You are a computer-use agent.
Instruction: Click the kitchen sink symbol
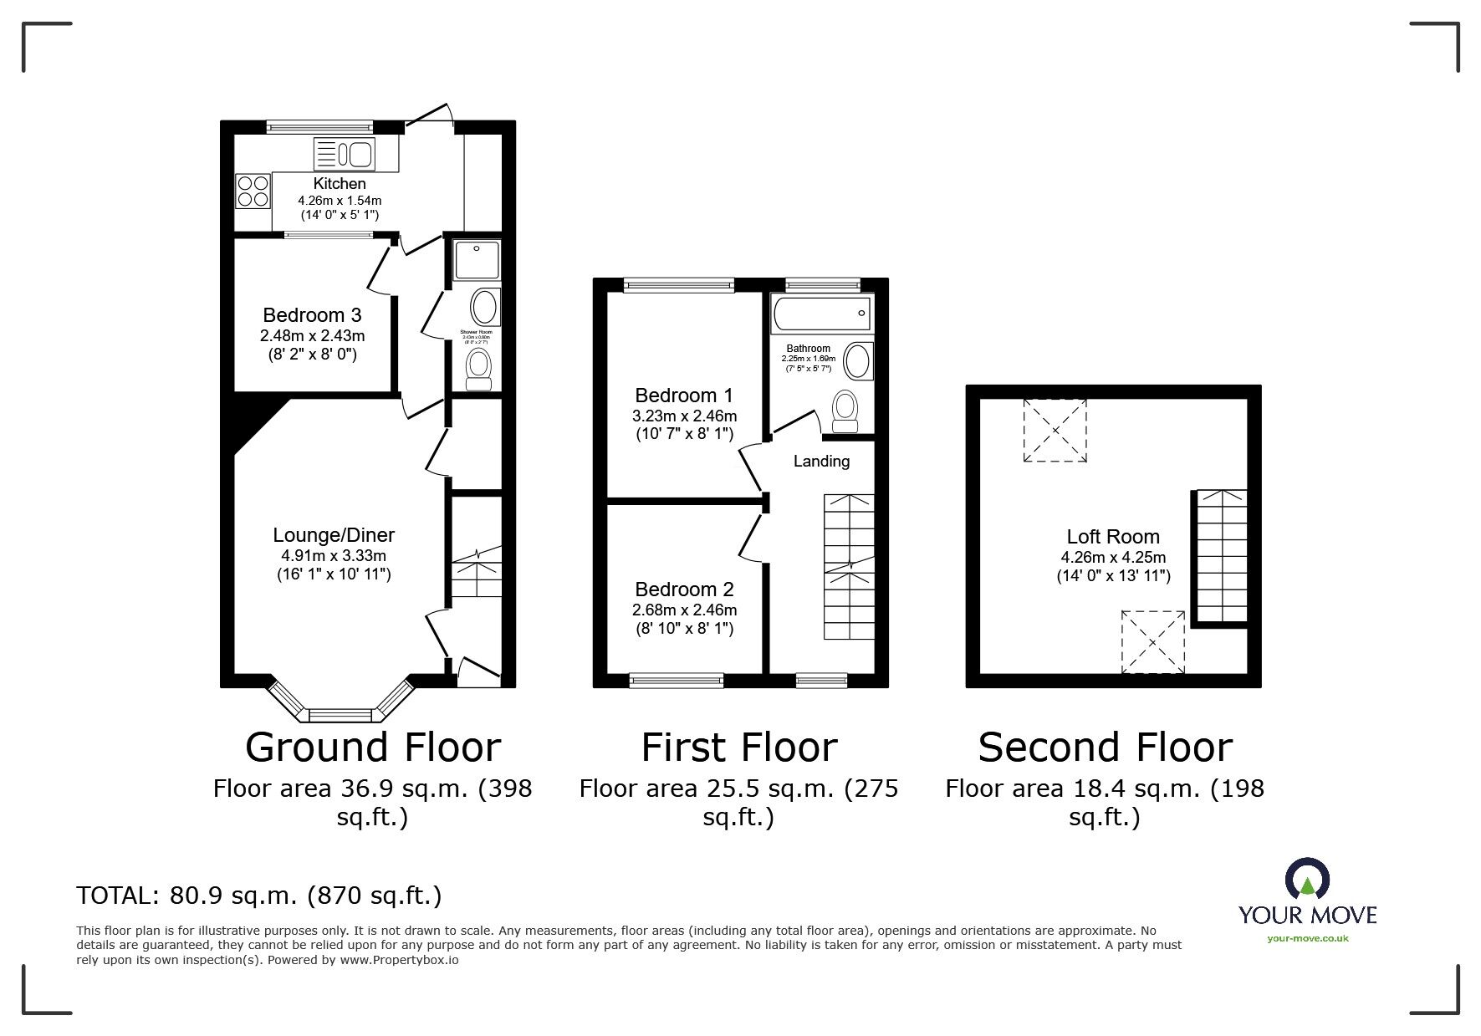(x=344, y=154)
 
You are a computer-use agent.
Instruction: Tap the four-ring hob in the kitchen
(x=253, y=190)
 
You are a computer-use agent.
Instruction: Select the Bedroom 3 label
(x=312, y=315)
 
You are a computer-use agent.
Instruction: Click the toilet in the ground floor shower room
(x=478, y=369)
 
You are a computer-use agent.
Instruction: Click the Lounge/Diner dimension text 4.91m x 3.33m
(x=334, y=555)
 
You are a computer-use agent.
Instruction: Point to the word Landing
(x=821, y=461)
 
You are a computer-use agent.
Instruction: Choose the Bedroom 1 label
(x=683, y=396)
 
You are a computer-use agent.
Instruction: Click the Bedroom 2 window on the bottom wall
(x=677, y=681)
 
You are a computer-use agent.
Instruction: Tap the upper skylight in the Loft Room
(x=1055, y=430)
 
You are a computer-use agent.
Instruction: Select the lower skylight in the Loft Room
(x=1153, y=642)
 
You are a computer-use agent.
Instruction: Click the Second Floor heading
(x=1105, y=748)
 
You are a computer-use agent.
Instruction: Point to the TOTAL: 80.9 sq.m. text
(x=258, y=896)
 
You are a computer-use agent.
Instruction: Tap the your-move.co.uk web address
(x=1307, y=938)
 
